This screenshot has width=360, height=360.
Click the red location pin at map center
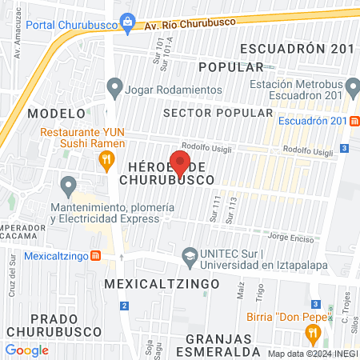point(180,163)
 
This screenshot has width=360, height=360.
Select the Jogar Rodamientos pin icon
point(114,86)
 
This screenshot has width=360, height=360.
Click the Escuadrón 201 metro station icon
point(354,121)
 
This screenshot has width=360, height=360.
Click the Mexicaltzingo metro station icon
point(95,256)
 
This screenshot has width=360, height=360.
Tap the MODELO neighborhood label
point(55,112)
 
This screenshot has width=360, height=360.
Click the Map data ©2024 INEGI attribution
point(311,354)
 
